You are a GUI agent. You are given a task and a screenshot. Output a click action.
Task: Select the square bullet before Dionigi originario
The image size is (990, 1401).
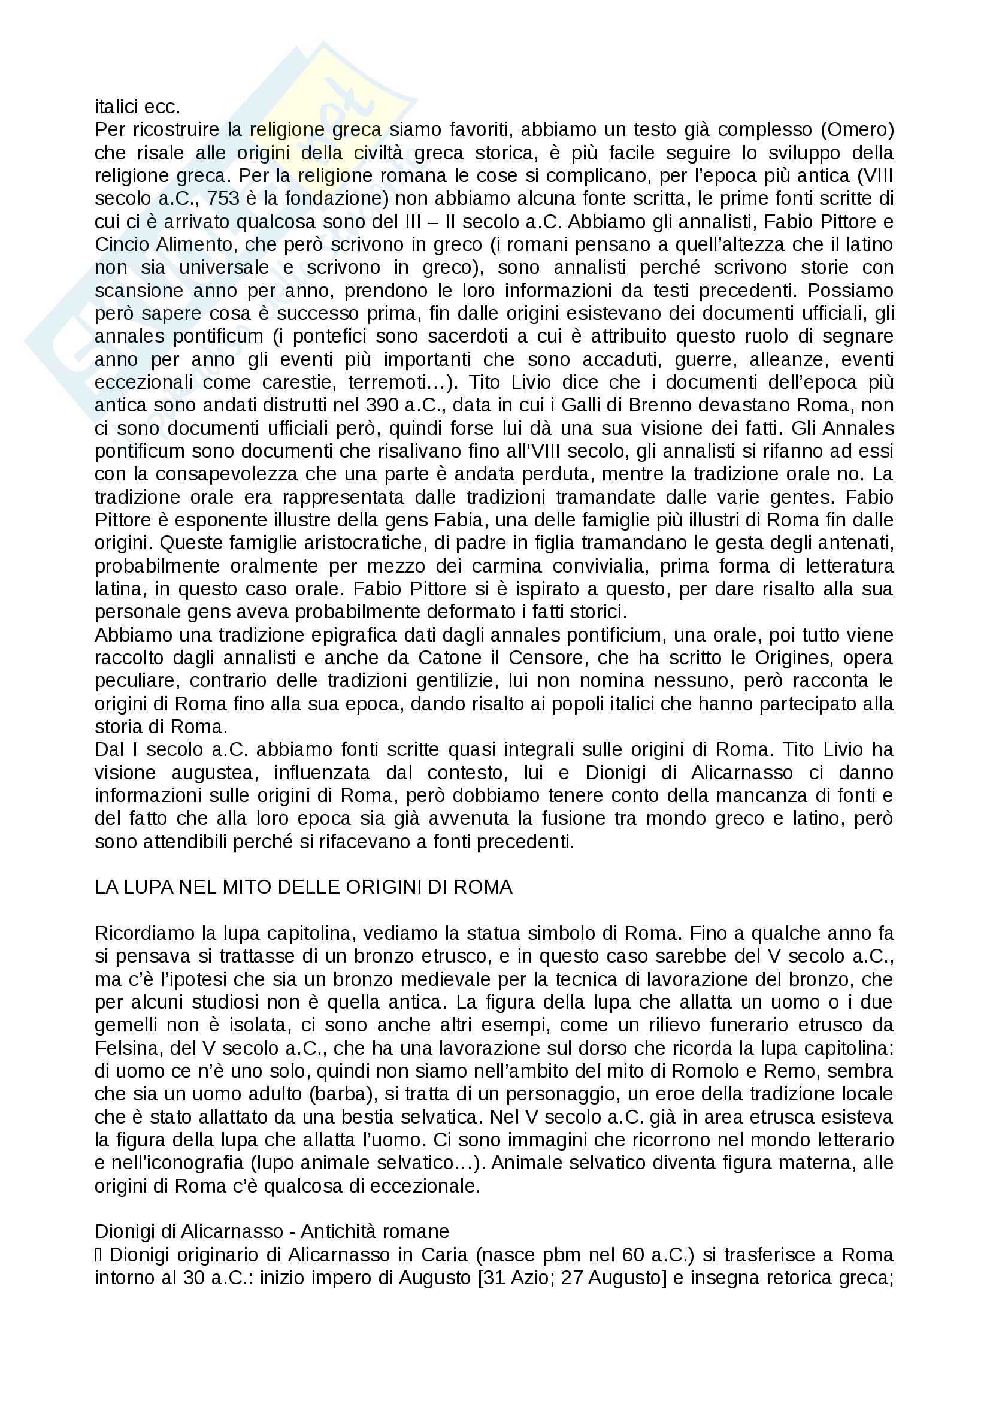98,1255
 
